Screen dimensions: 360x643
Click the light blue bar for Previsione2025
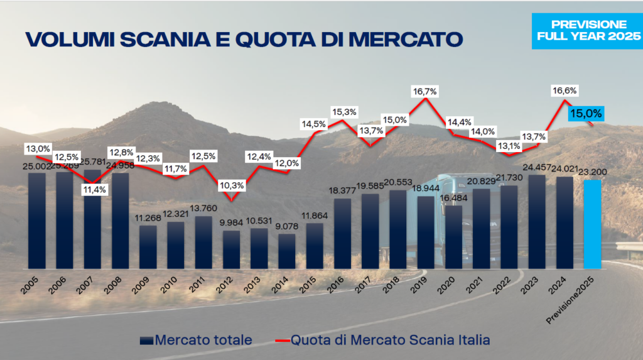592,223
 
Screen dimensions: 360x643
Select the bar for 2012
231,249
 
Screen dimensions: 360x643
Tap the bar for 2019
426,231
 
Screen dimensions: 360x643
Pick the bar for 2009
148,246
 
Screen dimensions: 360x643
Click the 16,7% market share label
425,91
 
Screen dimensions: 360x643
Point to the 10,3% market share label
231,186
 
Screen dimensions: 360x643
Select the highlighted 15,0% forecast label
585,114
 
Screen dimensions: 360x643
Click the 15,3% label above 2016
343,112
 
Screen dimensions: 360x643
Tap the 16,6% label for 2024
564,90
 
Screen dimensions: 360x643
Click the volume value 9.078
286,227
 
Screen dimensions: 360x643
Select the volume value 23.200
592,172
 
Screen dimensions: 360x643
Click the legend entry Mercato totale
194,340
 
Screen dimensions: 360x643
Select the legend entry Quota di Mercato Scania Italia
382,340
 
